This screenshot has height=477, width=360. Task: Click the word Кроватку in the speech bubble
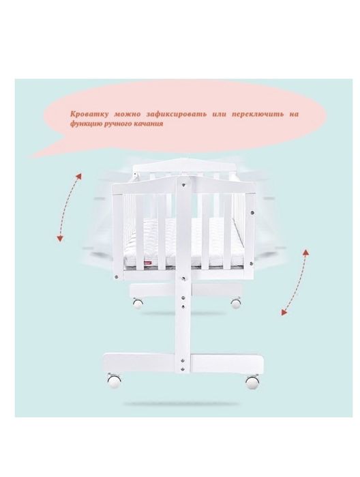pos(89,115)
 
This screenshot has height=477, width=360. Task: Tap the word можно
pos(127,115)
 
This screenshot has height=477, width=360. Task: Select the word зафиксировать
pos(177,115)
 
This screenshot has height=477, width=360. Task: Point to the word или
pos(220,115)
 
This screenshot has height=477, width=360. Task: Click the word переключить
pos(258,115)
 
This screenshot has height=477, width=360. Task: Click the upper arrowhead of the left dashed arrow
pos(79,177)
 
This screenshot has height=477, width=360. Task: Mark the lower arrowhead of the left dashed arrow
pos(60,239)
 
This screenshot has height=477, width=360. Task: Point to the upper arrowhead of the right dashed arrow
pos(306,252)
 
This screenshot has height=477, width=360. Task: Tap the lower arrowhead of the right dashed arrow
pos(284,312)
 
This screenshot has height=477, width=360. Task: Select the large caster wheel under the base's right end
pos(252,382)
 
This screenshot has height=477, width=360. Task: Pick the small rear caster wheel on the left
pos(138,303)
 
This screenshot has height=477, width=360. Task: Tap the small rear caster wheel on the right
pos(236,303)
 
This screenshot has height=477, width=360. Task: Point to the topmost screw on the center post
pos(183,184)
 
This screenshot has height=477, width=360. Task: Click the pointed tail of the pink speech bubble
pos(32,156)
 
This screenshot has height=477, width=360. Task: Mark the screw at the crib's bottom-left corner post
pos(116,277)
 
